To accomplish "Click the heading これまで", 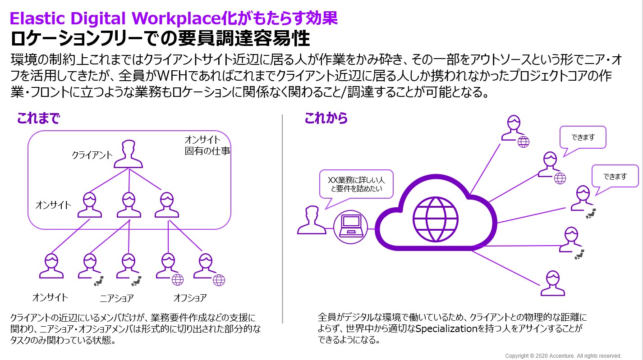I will (38, 118).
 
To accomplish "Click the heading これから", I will (326, 118).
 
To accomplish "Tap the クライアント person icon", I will (128, 154).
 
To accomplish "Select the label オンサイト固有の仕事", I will (207, 145).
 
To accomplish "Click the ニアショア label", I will (117, 298).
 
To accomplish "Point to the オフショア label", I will (190, 298).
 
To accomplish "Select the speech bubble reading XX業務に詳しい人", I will (356, 183).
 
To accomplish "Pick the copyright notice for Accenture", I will (563, 355).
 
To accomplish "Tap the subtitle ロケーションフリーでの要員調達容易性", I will (160, 39).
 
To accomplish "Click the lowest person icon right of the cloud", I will (552, 283).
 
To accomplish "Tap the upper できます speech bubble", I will (583, 137).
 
